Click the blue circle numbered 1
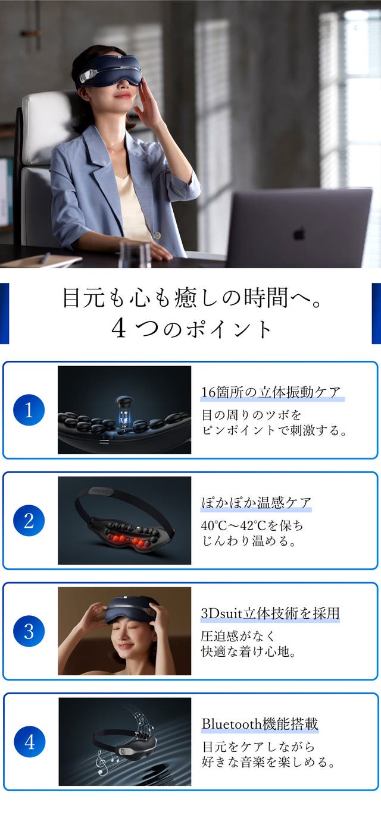(x=29, y=410)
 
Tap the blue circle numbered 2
(x=29, y=521)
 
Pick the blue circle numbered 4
(x=30, y=742)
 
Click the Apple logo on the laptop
(x=299, y=234)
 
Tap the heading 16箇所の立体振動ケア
(x=271, y=392)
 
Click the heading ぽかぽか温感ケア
(x=257, y=503)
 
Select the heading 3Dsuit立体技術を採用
(x=270, y=613)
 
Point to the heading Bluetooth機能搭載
(x=260, y=724)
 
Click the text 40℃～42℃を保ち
(x=252, y=525)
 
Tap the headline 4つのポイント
(x=191, y=329)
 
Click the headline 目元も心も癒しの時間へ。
(x=192, y=298)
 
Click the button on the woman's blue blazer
(x=158, y=235)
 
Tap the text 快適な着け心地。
(x=249, y=651)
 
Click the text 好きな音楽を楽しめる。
(x=268, y=762)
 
